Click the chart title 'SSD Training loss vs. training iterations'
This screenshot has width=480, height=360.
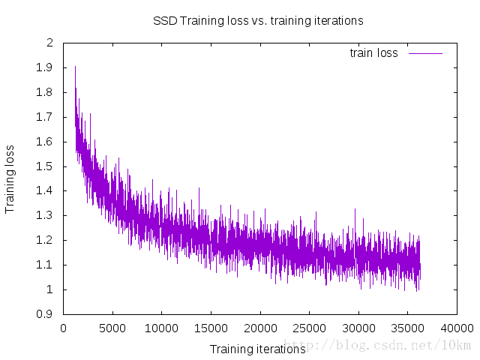(258, 21)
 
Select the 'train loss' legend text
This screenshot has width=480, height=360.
(373, 53)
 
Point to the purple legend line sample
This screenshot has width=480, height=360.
(425, 53)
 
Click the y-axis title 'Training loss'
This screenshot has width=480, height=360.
(10, 178)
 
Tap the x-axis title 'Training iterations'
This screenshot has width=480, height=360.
(257, 349)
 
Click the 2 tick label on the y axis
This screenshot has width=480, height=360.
(49, 43)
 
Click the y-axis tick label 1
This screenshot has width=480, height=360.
(49, 289)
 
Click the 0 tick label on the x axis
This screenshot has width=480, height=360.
(64, 328)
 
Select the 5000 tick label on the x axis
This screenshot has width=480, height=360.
(112, 328)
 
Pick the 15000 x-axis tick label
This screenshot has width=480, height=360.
(211, 328)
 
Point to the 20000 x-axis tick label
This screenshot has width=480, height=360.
(260, 328)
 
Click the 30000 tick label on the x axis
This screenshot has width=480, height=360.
(358, 328)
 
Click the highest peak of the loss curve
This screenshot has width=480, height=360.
(75, 67)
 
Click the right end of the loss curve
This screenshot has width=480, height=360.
(420, 266)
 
